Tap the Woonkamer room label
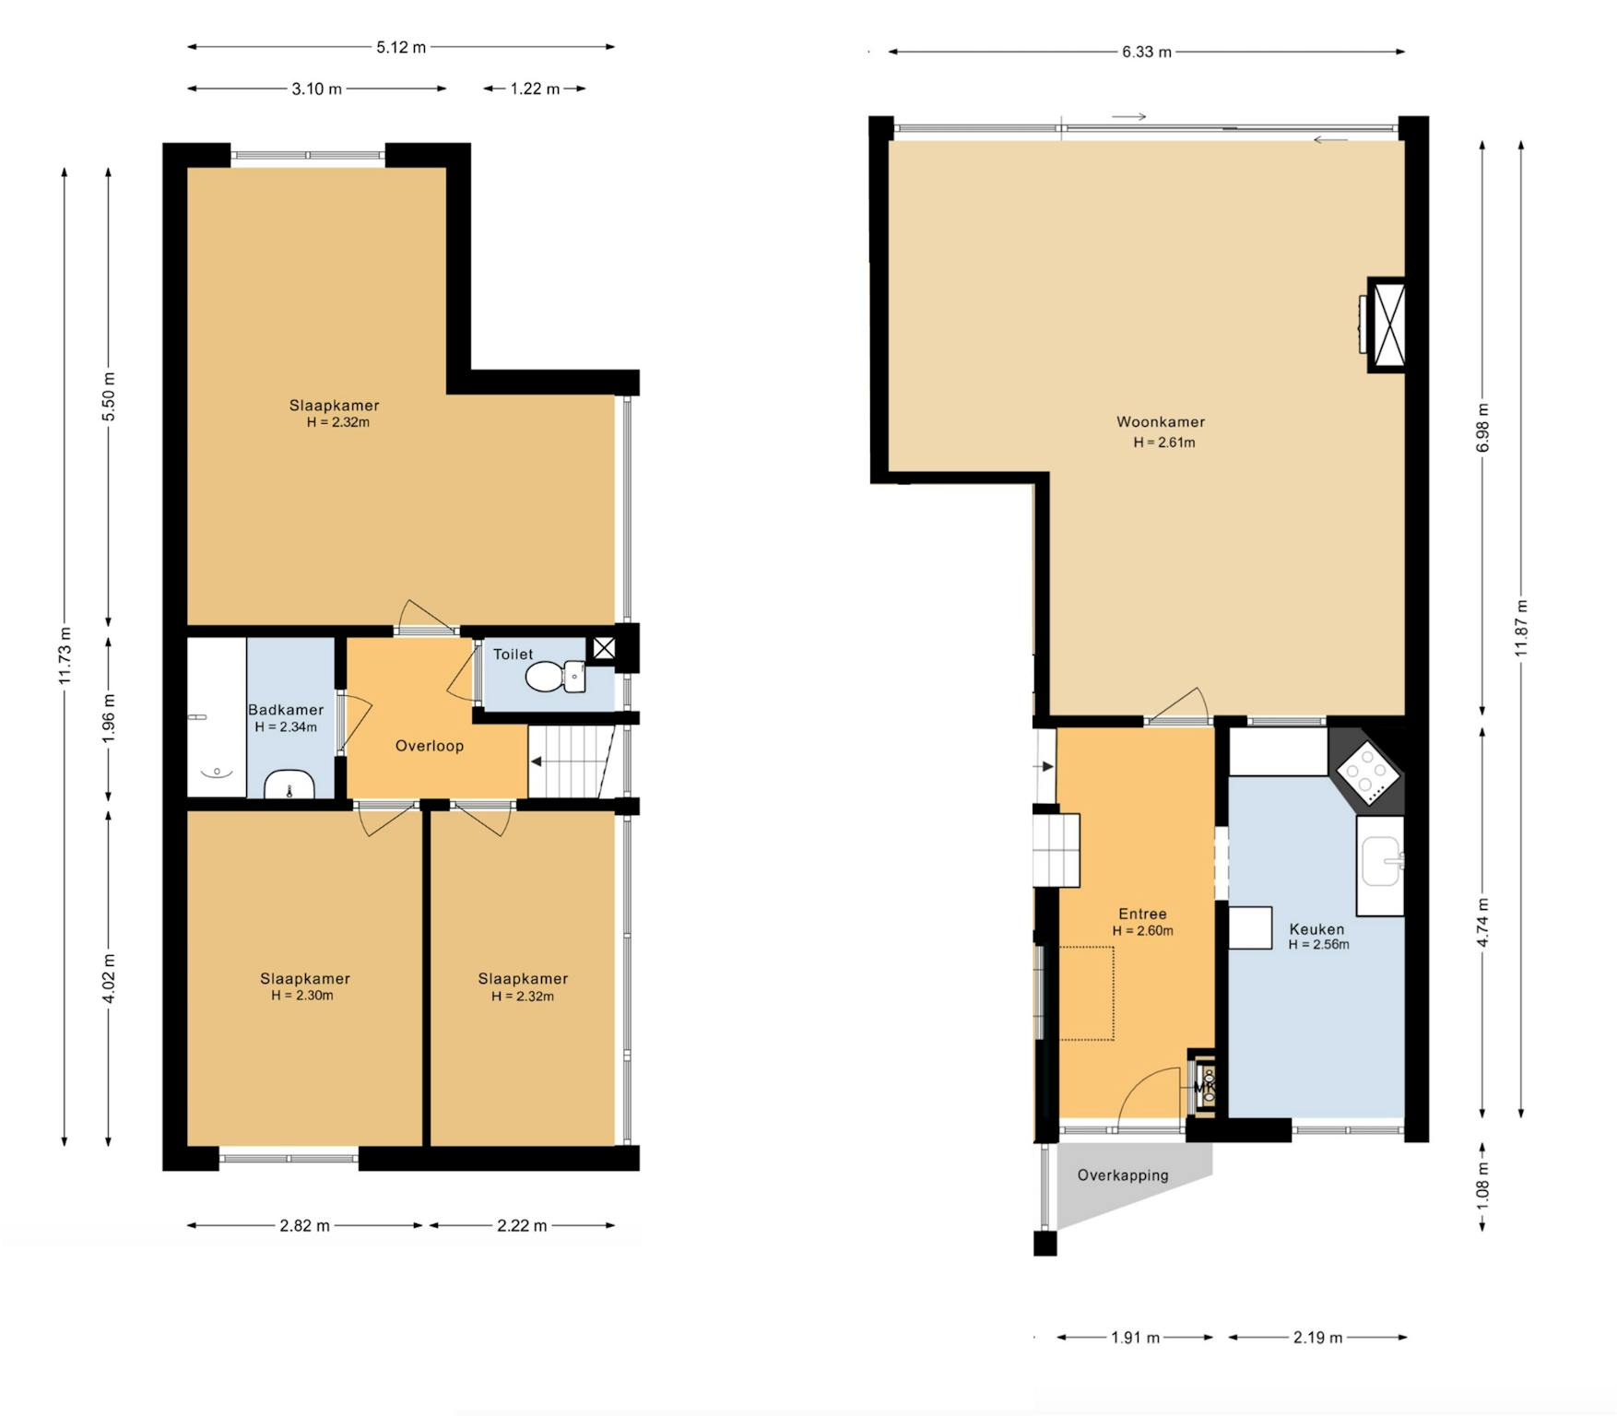(1161, 422)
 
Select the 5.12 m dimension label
(401, 47)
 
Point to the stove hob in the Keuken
(1367, 773)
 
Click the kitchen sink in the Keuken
(1381, 862)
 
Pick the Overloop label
(430, 746)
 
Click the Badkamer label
(286, 710)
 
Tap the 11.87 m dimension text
(1521, 629)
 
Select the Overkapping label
(1123, 1175)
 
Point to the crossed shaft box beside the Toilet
(604, 648)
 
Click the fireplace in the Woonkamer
(1385, 324)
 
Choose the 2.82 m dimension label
(304, 1226)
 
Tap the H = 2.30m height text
(302, 996)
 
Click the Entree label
(1142, 914)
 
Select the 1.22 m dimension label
(535, 89)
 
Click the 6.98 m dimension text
(1482, 428)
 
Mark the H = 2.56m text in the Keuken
(1318, 945)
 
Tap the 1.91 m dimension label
(1135, 1338)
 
